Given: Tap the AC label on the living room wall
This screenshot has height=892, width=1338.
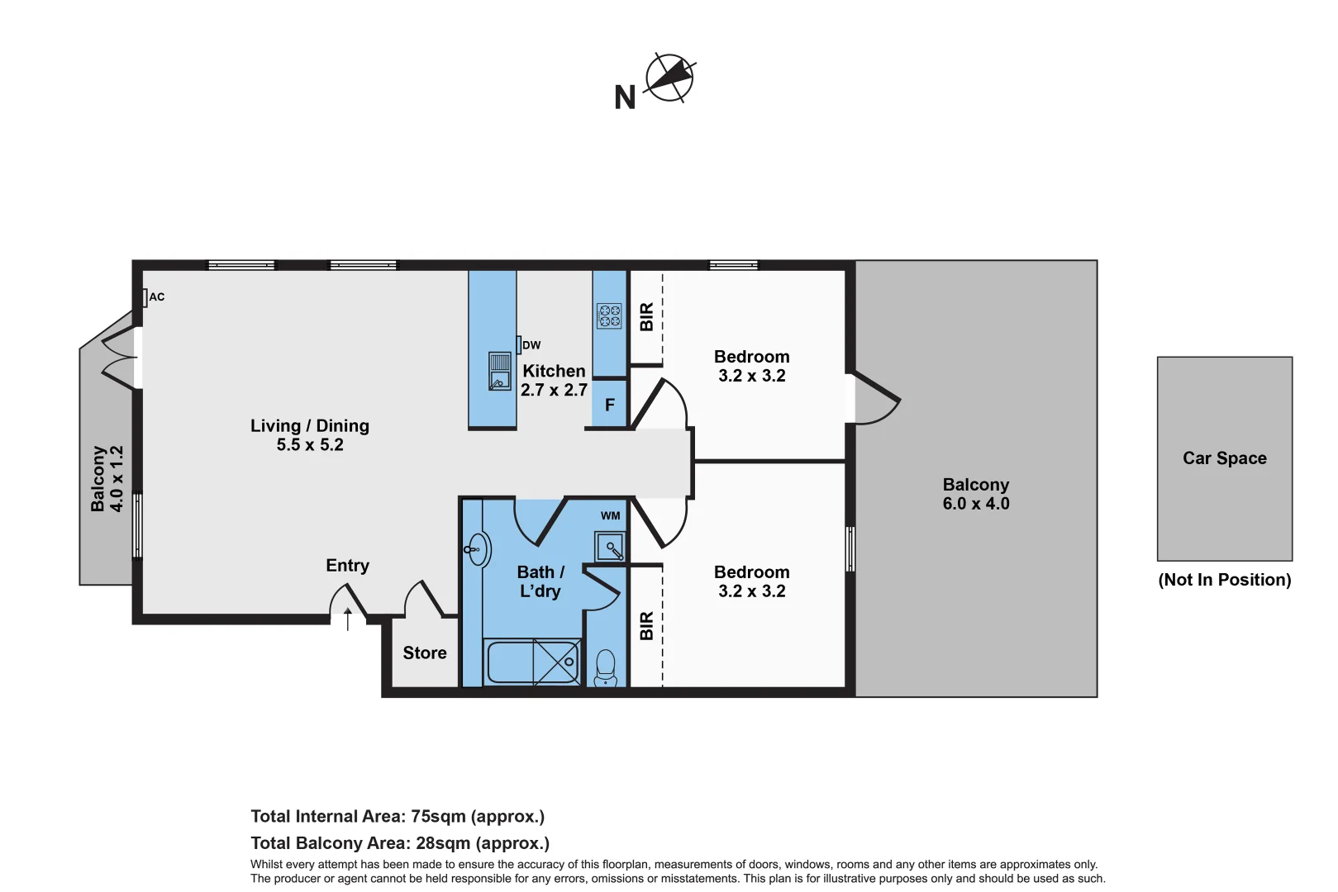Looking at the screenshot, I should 156,297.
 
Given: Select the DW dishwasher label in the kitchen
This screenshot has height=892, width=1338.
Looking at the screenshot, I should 531,345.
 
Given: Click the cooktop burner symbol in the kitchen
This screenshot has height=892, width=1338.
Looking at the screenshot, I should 609,316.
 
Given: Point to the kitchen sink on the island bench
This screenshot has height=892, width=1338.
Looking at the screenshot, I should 499,371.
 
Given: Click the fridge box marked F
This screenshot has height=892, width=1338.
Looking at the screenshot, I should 610,405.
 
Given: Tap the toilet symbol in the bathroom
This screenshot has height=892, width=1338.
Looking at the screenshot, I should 606,667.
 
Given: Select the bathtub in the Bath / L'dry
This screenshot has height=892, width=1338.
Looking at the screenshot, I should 533,662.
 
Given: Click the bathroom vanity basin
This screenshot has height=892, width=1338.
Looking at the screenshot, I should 478,549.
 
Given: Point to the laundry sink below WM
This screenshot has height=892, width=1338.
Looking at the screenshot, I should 611,547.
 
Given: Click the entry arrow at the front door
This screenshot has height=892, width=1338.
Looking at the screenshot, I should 348,619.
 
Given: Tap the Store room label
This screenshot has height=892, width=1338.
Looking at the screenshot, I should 425,653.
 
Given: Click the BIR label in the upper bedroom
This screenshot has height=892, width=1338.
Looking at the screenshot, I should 646,317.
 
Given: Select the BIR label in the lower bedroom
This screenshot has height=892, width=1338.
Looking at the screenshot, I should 646,626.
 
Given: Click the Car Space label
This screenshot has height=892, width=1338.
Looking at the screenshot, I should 1224,458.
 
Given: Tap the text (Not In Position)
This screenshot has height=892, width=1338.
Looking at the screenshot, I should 1224,580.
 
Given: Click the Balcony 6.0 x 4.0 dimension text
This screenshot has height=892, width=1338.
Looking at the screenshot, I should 976,504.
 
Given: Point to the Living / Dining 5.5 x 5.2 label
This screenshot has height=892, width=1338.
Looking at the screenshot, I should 310,435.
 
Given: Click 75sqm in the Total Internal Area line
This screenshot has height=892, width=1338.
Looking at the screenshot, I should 438,817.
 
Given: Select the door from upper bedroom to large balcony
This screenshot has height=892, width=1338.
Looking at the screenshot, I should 876,401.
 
